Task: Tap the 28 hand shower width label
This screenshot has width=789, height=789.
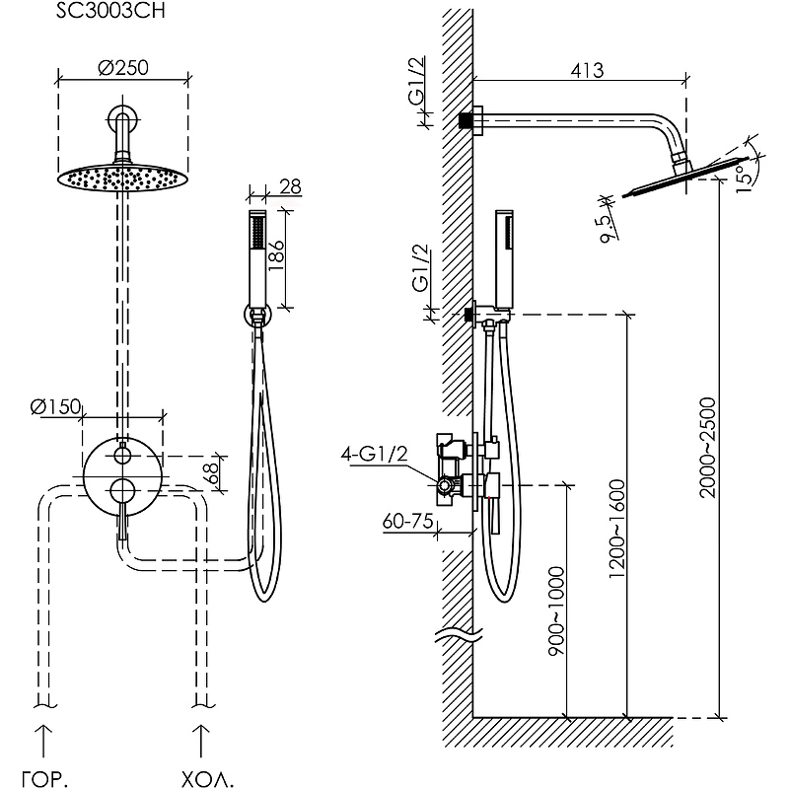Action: (x=291, y=186)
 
